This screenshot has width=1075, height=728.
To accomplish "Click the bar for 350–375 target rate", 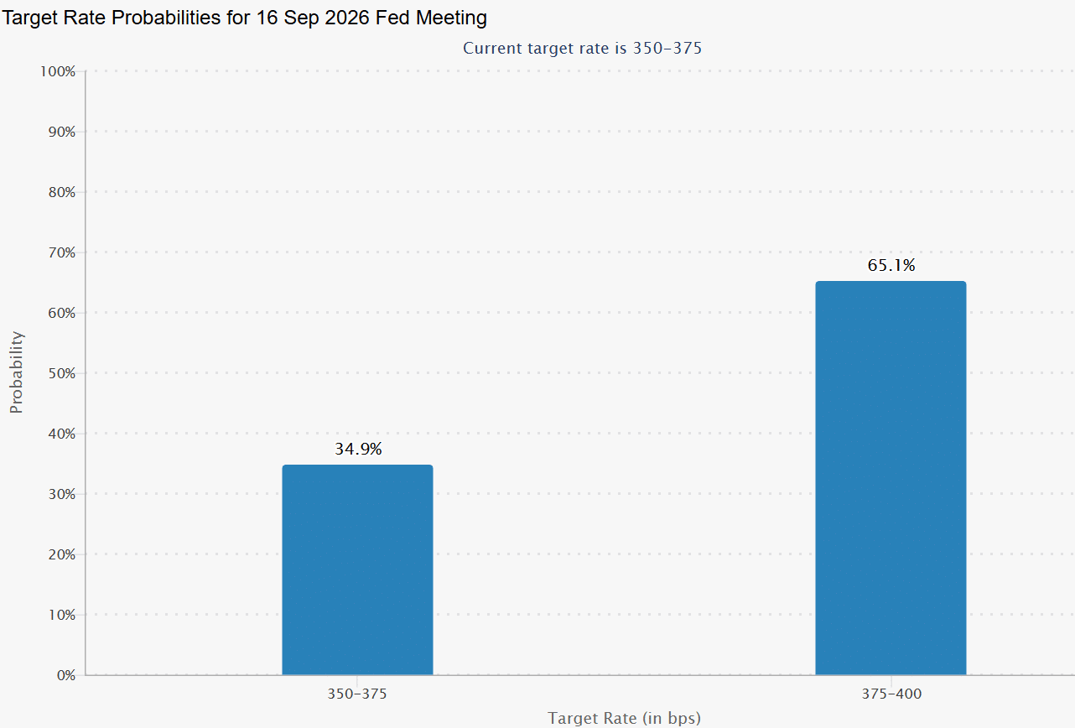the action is point(357,569).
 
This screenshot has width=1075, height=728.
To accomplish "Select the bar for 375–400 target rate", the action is point(891,478).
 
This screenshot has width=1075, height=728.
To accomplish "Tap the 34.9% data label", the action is point(358,450).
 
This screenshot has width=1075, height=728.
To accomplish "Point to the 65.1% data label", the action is point(891,265).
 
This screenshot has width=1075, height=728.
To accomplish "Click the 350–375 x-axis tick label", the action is point(357,694).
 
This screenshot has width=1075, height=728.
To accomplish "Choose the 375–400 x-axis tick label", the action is point(891,694).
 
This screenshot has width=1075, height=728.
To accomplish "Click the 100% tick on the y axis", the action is point(58,71).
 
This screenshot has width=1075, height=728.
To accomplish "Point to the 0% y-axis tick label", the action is point(66,676).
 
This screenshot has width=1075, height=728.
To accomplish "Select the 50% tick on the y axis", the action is point(62,373).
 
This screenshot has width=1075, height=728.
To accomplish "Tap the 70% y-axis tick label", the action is point(62,252).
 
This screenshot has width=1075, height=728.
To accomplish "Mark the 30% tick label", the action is point(62,494).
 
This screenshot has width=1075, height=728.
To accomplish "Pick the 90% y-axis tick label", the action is point(62,132).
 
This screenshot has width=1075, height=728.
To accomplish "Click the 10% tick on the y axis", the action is point(62,616).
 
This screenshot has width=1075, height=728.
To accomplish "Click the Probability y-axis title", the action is point(16,372).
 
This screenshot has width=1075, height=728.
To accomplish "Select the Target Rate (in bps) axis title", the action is point(624,719).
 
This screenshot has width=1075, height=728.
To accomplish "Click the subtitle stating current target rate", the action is point(582,48).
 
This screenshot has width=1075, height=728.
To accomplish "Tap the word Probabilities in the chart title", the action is point(165,18).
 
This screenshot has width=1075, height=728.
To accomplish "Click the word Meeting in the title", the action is point(451,18).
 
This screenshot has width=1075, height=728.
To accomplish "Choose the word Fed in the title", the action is point(392,18).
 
